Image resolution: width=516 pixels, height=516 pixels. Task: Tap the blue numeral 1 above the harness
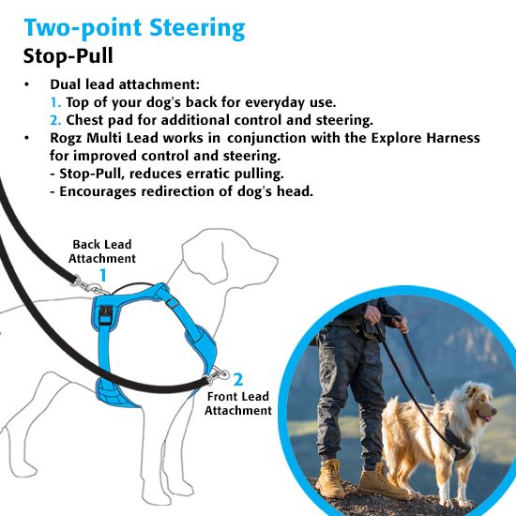103,275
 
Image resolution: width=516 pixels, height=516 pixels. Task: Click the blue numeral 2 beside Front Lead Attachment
238,379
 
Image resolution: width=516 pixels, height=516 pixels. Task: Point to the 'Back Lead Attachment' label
103,251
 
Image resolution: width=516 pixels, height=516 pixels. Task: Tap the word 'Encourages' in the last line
99,191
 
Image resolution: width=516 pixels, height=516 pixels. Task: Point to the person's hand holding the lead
402,326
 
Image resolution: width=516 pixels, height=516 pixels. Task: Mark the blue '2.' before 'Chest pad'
56,120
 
